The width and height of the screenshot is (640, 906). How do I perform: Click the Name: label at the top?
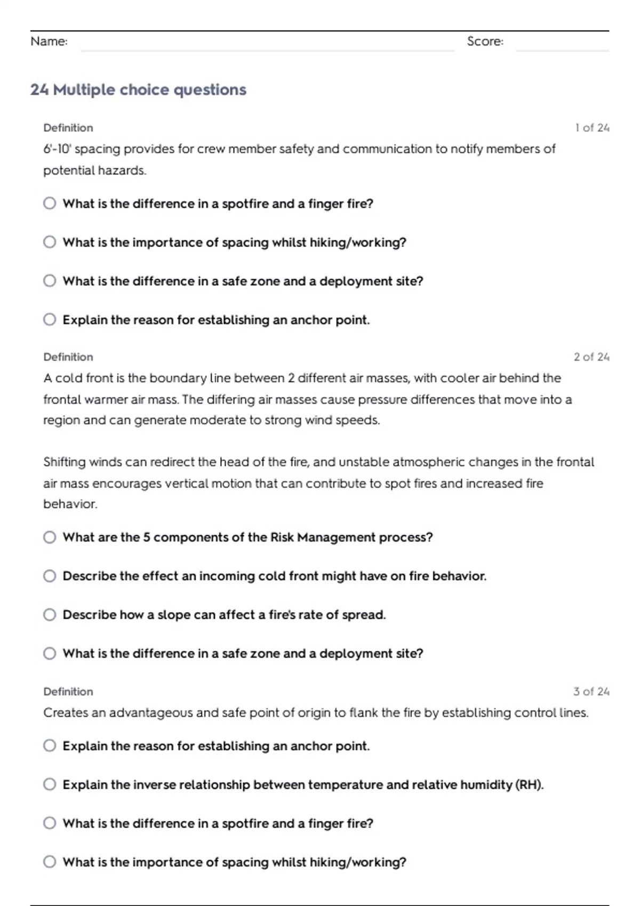tap(49, 42)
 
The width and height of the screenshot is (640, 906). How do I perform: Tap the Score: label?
tap(485, 42)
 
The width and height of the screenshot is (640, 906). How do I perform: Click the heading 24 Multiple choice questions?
tap(138, 90)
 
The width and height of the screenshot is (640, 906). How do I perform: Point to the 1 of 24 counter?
tap(592, 128)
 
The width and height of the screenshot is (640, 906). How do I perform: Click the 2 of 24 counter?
tap(591, 357)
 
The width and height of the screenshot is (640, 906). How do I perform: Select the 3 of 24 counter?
tap(591, 692)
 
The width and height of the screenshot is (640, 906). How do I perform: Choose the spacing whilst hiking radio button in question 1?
tap(50, 242)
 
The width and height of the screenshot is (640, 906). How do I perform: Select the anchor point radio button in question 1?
tap(50, 320)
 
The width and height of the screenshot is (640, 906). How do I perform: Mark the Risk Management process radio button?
tap(50, 537)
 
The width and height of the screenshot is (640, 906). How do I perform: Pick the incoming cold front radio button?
tap(50, 576)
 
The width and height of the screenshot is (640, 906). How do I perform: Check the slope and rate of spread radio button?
tap(50, 615)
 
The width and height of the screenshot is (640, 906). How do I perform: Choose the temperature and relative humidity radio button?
tap(50, 784)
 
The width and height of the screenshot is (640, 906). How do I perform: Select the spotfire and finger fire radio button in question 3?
tap(50, 823)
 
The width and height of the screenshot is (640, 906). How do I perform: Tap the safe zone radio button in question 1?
tap(50, 281)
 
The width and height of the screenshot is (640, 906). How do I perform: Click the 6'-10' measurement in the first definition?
tap(57, 149)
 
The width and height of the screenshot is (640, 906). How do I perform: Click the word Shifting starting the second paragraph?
tap(65, 462)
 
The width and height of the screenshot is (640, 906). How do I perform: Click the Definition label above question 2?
tap(68, 357)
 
